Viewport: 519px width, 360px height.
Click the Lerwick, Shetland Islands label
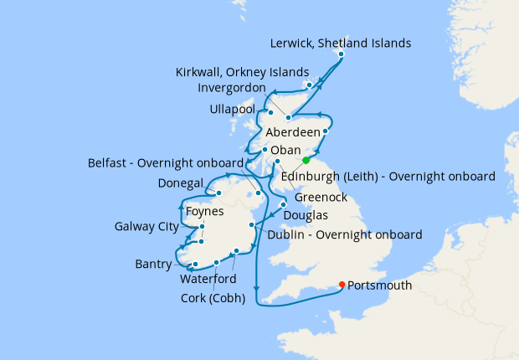pos(342,43)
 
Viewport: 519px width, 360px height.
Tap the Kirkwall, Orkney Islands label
pos(243,72)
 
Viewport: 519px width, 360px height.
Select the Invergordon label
pos(232,88)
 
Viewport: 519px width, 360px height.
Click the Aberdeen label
pos(295,133)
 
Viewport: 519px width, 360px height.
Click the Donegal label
pos(182,183)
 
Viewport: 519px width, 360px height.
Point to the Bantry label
pos(154,265)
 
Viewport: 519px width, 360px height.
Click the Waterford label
pos(208,278)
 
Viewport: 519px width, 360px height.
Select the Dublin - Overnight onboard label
pos(343,235)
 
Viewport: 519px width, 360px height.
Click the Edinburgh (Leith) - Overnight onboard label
pos(388,177)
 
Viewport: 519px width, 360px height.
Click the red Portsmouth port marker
pos(342,285)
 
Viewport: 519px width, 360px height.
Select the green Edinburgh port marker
pos(306,160)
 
